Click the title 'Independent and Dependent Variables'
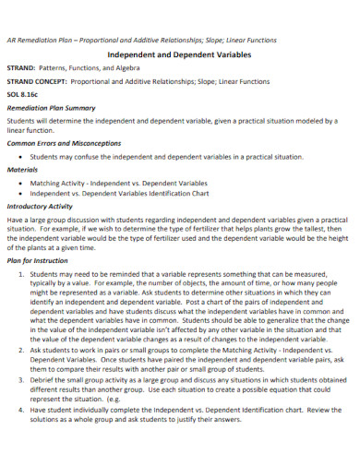point(180,54)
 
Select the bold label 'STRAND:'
point(22,68)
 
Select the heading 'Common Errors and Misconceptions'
point(64,143)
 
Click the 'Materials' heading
point(22,169)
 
